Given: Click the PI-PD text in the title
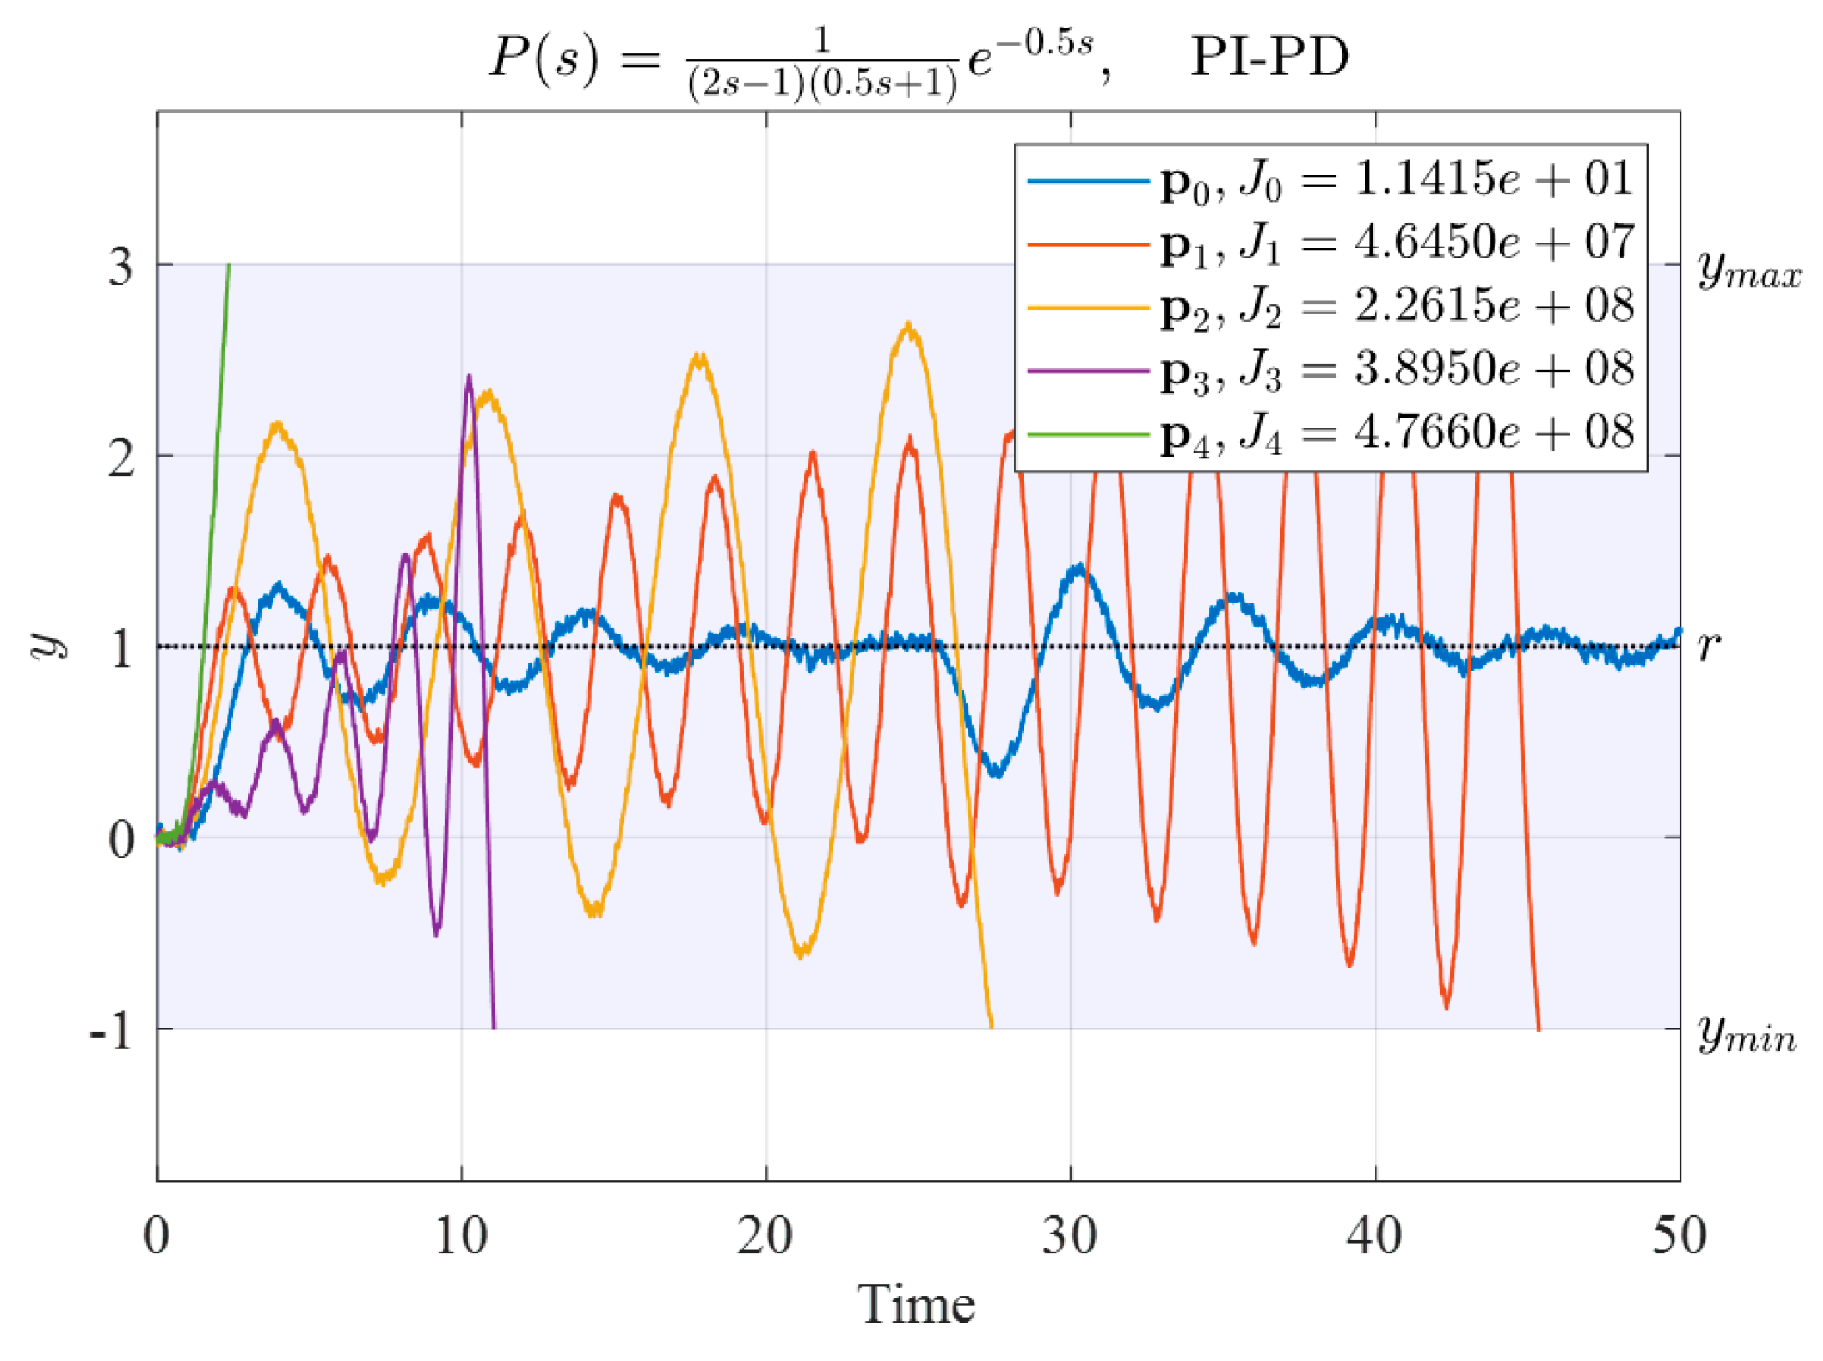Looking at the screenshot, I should tap(1268, 57).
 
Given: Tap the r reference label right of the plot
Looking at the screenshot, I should tap(1708, 645).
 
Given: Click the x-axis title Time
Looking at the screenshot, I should tap(915, 1304).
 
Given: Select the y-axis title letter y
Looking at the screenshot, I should tap(48, 643).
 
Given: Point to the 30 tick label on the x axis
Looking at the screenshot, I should tap(1069, 1236).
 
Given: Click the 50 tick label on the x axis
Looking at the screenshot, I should tap(1678, 1236).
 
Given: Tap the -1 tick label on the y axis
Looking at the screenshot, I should tap(112, 1032).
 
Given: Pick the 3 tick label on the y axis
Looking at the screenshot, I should tap(121, 268).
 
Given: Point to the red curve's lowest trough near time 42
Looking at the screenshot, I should tap(1446, 1006).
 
